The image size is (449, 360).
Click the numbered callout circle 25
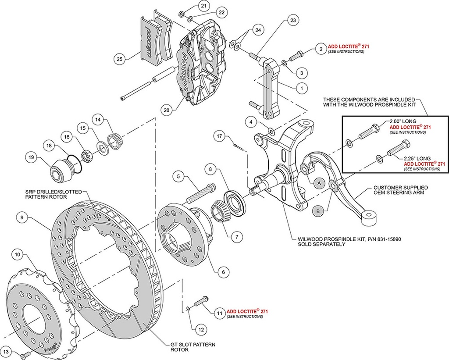pyautogui.click(x=118, y=58)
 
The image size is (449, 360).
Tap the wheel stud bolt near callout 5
pyautogui.click(x=200, y=193)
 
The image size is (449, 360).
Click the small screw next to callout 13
pyautogui.click(x=26, y=352)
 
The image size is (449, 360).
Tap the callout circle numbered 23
pyautogui.click(x=293, y=20)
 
